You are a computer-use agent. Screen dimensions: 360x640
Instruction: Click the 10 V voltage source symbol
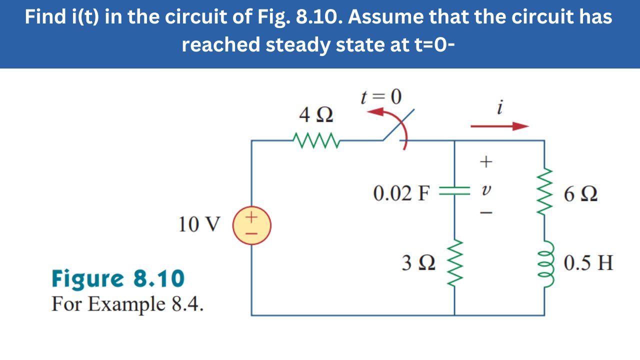pyautogui.click(x=251, y=225)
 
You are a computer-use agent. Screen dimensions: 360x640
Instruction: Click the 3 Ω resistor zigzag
pyautogui.click(x=454, y=262)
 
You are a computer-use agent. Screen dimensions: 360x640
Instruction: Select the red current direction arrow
pyautogui.click(x=499, y=126)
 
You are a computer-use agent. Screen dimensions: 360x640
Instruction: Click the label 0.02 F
pyautogui.click(x=401, y=193)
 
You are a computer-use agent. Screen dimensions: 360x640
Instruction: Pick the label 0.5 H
pyautogui.click(x=588, y=262)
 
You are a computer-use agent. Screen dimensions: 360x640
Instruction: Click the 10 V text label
pyautogui.click(x=198, y=225)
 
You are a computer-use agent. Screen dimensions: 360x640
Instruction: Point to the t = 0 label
pyautogui.click(x=381, y=97)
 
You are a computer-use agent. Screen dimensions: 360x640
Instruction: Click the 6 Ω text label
pyautogui.click(x=580, y=194)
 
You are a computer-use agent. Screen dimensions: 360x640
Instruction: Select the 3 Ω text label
pyautogui.click(x=418, y=263)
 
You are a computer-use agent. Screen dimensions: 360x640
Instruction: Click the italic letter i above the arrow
pyautogui.click(x=500, y=106)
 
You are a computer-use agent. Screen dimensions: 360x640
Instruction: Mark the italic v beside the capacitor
pyautogui.click(x=485, y=191)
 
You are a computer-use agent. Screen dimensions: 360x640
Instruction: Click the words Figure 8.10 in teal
pyautogui.click(x=118, y=278)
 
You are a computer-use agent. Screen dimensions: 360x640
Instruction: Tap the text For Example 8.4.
pyautogui.click(x=127, y=303)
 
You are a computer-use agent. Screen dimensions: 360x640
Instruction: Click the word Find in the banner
pyautogui.click(x=42, y=17)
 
